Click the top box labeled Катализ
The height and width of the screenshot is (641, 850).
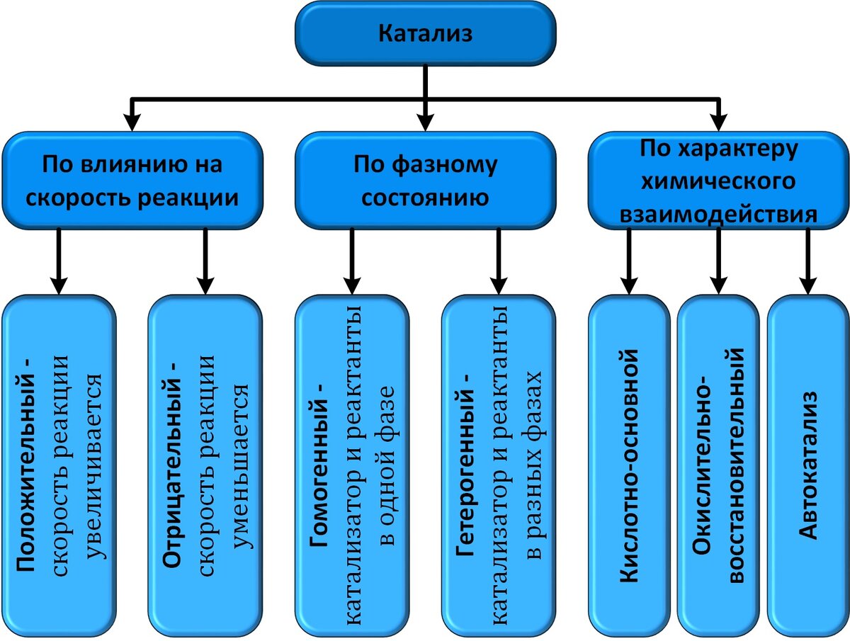pos(425,33)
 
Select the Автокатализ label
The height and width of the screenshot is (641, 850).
pos(808,464)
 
